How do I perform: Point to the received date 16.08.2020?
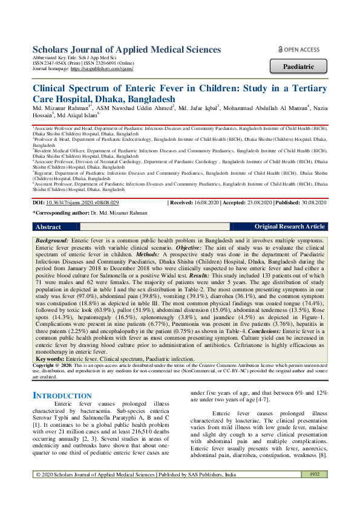(x=205, y=204)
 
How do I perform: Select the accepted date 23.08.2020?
(x=254, y=204)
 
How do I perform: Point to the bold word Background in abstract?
(x=51, y=241)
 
